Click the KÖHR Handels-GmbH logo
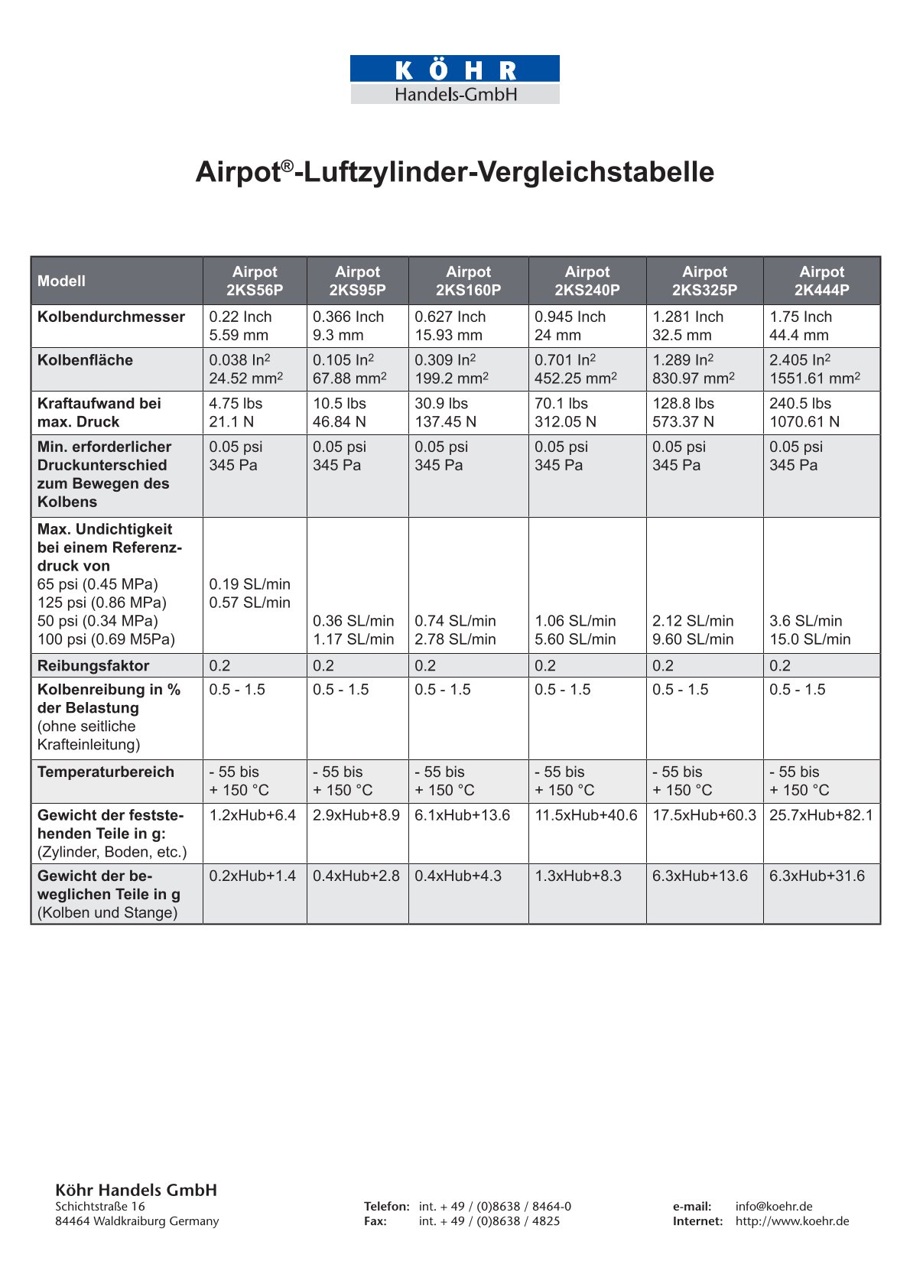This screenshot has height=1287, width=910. click(x=455, y=80)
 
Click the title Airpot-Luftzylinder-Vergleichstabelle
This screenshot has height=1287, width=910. click(x=455, y=172)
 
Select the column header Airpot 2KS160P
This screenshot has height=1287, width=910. click(x=468, y=281)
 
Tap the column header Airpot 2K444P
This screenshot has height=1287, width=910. click(x=821, y=281)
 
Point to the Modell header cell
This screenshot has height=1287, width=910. click(x=62, y=281)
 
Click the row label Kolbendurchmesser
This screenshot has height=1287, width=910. click(x=111, y=317)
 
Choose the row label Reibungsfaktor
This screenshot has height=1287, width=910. click(x=93, y=665)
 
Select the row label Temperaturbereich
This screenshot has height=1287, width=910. click(x=106, y=772)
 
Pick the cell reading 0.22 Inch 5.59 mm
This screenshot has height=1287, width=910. click(x=240, y=326)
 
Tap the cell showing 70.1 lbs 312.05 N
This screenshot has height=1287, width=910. click(x=565, y=413)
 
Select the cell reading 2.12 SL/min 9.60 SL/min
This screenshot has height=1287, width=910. click(x=693, y=630)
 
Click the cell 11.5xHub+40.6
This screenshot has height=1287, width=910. click(x=586, y=815)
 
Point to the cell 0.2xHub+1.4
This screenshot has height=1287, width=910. click(x=252, y=876)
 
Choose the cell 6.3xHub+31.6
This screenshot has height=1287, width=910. click(x=817, y=876)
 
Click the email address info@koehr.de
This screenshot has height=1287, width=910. click(x=774, y=1206)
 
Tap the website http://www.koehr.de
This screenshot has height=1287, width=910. click(x=792, y=1221)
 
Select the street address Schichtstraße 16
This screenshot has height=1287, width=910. click(x=100, y=1206)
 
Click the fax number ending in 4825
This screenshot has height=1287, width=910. click(x=489, y=1221)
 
